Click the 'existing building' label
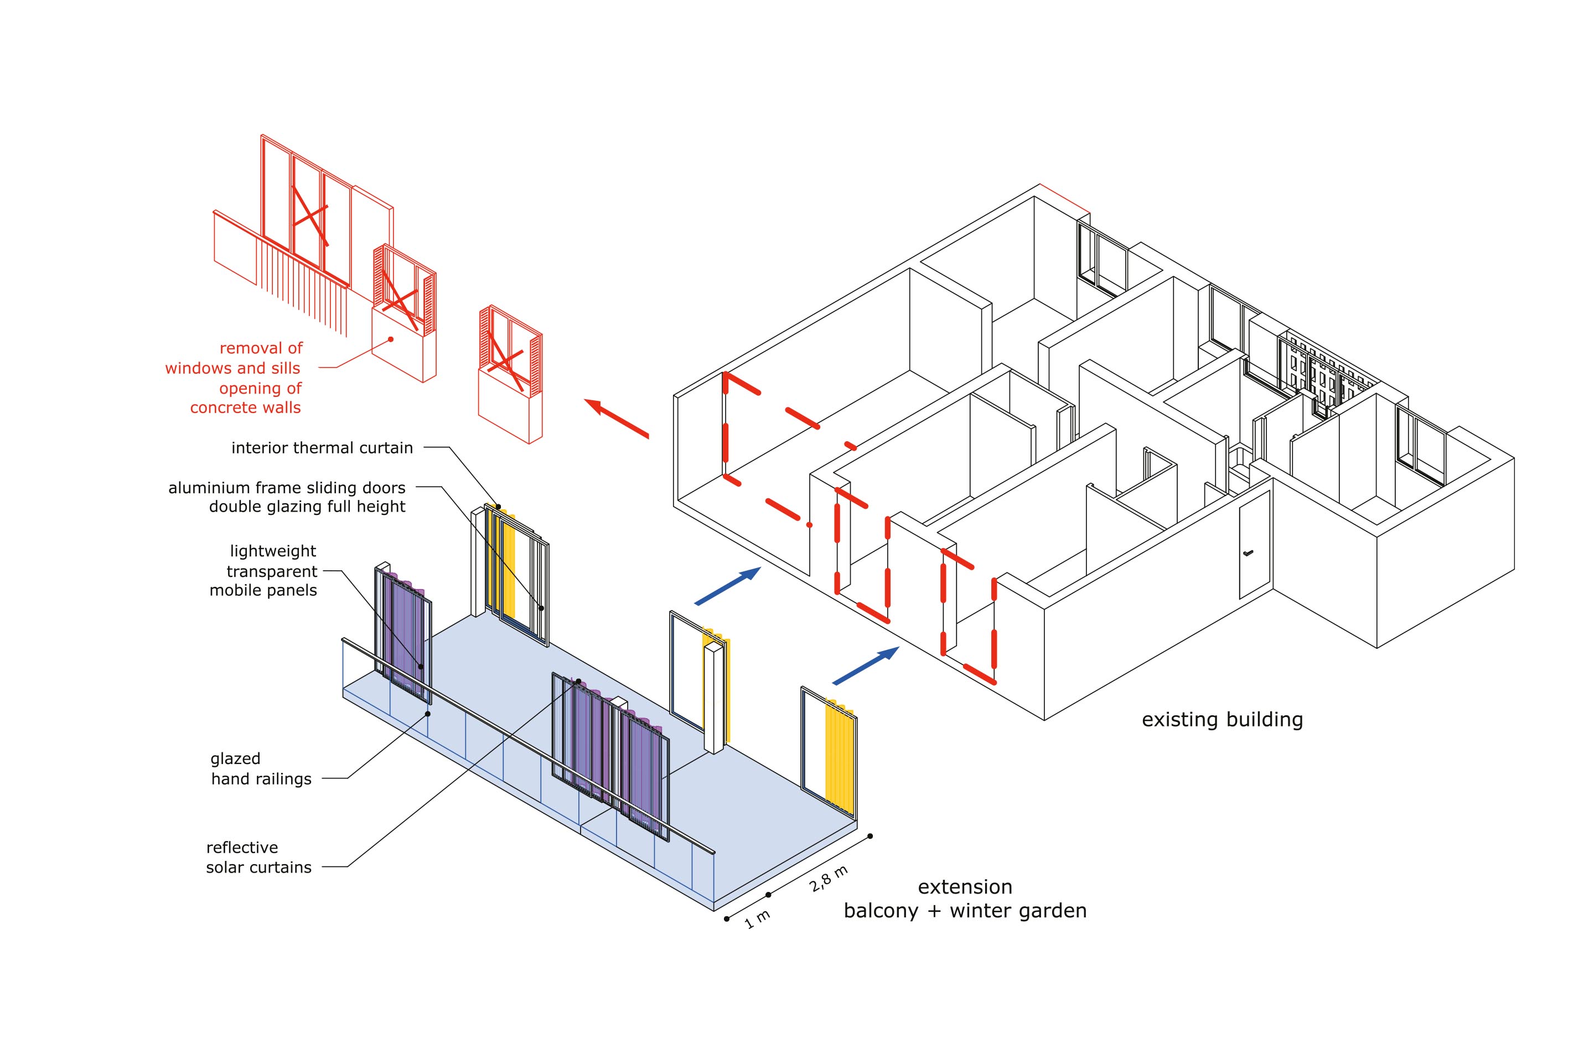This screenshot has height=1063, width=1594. coord(1222,719)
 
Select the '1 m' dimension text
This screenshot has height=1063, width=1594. coord(757,919)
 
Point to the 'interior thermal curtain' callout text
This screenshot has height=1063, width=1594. coord(322,448)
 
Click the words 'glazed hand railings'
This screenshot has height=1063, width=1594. coord(260,769)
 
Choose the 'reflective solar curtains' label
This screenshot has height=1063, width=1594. coord(258,858)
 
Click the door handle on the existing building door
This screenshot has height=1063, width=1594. coord(1249,553)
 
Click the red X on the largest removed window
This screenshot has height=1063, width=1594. coord(310,215)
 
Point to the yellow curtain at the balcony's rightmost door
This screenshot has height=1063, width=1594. coord(839,752)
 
